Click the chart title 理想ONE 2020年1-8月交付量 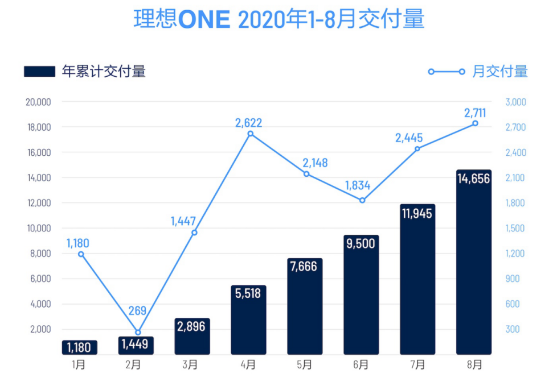coord(279,20)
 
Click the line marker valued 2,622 coord(250,134)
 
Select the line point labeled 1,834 coord(362,200)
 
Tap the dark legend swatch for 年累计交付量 coord(39,72)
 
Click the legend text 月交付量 coord(500,72)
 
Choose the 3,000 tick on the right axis coord(515,102)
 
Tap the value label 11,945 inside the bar coord(417,214)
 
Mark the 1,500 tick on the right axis coord(515,229)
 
